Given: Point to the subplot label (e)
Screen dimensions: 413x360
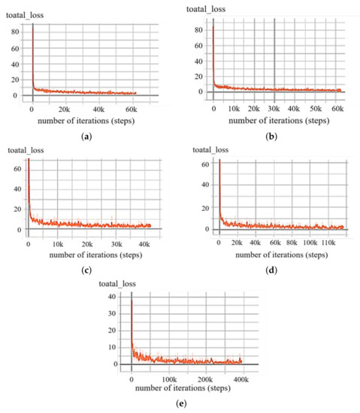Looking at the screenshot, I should [180, 401].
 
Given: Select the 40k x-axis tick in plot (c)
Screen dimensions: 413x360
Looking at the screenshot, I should [145, 244].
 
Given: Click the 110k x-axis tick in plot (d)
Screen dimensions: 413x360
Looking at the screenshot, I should [325, 244].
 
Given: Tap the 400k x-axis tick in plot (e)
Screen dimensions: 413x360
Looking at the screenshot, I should [242, 378].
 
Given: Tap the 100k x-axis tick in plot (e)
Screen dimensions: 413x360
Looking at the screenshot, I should [168, 378].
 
